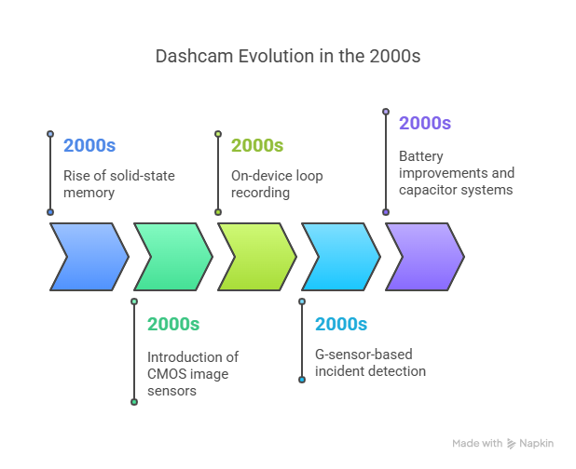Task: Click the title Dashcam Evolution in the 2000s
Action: [x=288, y=57]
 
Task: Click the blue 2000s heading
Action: [x=89, y=145]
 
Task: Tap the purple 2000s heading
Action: [x=425, y=123]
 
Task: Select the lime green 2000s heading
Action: [x=257, y=145]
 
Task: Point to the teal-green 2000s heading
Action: [x=173, y=324]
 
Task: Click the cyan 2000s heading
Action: [x=341, y=324]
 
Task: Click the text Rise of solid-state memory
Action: [x=119, y=184]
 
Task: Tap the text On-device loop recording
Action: [x=277, y=184]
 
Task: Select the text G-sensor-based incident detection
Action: [x=370, y=363]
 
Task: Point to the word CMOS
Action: [x=168, y=374]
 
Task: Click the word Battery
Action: [x=421, y=156]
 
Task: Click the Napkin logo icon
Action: [x=511, y=443]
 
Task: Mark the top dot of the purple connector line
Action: [x=386, y=112]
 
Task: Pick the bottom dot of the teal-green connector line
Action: [x=134, y=402]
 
